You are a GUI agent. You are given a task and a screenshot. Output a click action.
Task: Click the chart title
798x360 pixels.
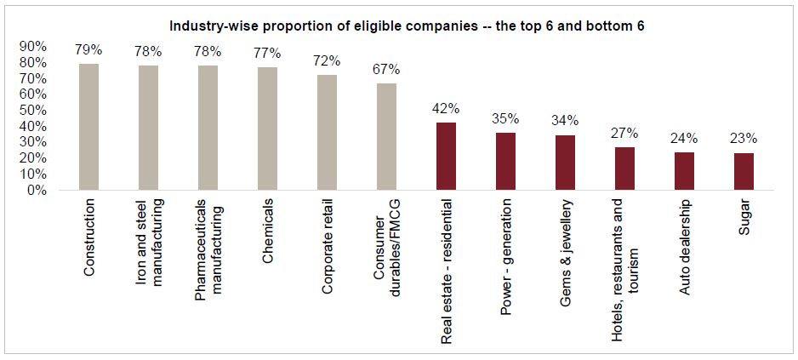[407, 26]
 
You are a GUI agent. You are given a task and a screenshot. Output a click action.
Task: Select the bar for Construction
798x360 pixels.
[88, 127]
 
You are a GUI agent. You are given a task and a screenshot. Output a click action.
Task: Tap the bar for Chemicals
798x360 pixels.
[267, 129]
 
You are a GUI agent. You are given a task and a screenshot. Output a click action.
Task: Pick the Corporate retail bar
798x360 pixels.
[327, 133]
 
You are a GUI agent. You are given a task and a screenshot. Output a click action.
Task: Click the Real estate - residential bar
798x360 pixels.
[446, 157]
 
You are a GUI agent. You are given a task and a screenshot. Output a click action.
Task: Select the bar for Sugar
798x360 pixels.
[744, 172]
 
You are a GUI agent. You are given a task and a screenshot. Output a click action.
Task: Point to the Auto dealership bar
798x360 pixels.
[684, 171]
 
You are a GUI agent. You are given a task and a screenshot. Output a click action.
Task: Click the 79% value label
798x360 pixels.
[88, 50]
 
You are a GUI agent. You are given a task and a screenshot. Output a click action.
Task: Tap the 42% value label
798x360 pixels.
[446, 109]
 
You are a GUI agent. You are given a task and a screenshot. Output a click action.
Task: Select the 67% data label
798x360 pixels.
[386, 69]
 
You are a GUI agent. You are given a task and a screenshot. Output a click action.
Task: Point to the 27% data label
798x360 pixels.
[624, 134]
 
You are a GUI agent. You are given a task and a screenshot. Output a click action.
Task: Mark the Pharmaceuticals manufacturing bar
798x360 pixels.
[208, 128]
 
